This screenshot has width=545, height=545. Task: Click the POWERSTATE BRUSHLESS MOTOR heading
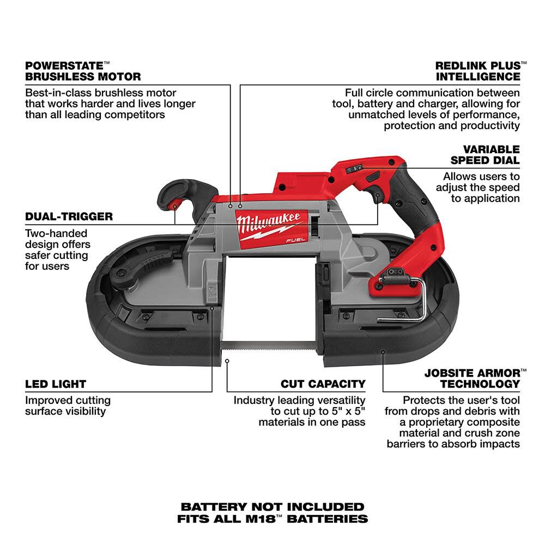(x=83, y=71)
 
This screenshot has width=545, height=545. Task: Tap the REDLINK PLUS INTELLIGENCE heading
(x=477, y=71)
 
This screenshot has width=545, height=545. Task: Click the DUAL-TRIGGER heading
(x=69, y=216)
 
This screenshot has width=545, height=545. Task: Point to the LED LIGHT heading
(x=56, y=384)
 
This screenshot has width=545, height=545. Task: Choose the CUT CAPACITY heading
(x=323, y=384)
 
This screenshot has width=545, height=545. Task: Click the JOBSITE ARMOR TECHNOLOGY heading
(x=472, y=378)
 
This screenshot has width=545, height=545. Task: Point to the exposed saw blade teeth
(x=272, y=345)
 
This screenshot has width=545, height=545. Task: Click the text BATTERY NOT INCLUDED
(x=272, y=507)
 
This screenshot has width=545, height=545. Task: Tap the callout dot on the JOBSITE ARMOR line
(x=383, y=353)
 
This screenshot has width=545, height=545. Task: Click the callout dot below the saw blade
(x=227, y=360)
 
